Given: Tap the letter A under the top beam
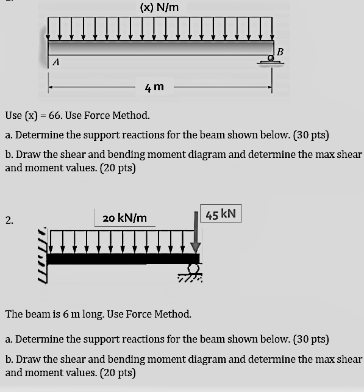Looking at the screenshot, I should tap(57, 62).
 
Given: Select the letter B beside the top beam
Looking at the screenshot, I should tap(280, 51).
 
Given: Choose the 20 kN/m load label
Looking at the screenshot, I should tap(124, 218).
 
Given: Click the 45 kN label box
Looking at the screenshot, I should tap(221, 214).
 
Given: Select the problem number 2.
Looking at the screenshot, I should tap(9, 220).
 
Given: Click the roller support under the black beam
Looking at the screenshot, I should tap(193, 271).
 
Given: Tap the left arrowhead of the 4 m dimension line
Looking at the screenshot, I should tap(52, 87).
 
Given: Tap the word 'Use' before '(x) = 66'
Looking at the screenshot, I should tap(13, 116).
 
